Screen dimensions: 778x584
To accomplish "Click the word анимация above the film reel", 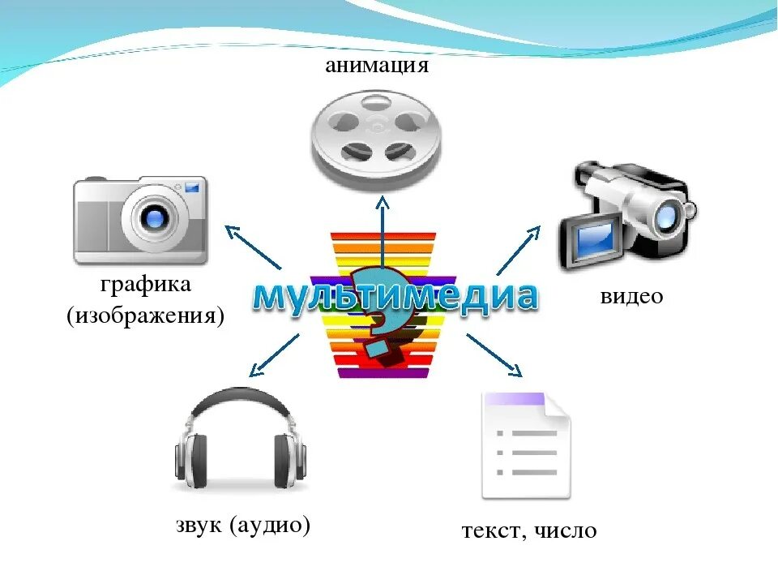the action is point(376,65).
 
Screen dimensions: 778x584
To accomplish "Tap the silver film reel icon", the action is point(375,138).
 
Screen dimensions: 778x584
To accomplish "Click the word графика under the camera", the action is point(146,286).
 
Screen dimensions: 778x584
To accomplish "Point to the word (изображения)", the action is point(145,315).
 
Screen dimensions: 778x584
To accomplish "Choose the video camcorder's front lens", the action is point(668,214).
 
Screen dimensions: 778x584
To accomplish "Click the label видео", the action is point(631,297).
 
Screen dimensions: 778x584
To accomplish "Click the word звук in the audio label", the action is point(199,526).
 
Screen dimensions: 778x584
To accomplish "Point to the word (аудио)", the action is point(270,526).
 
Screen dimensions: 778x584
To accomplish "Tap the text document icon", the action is point(525,445).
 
